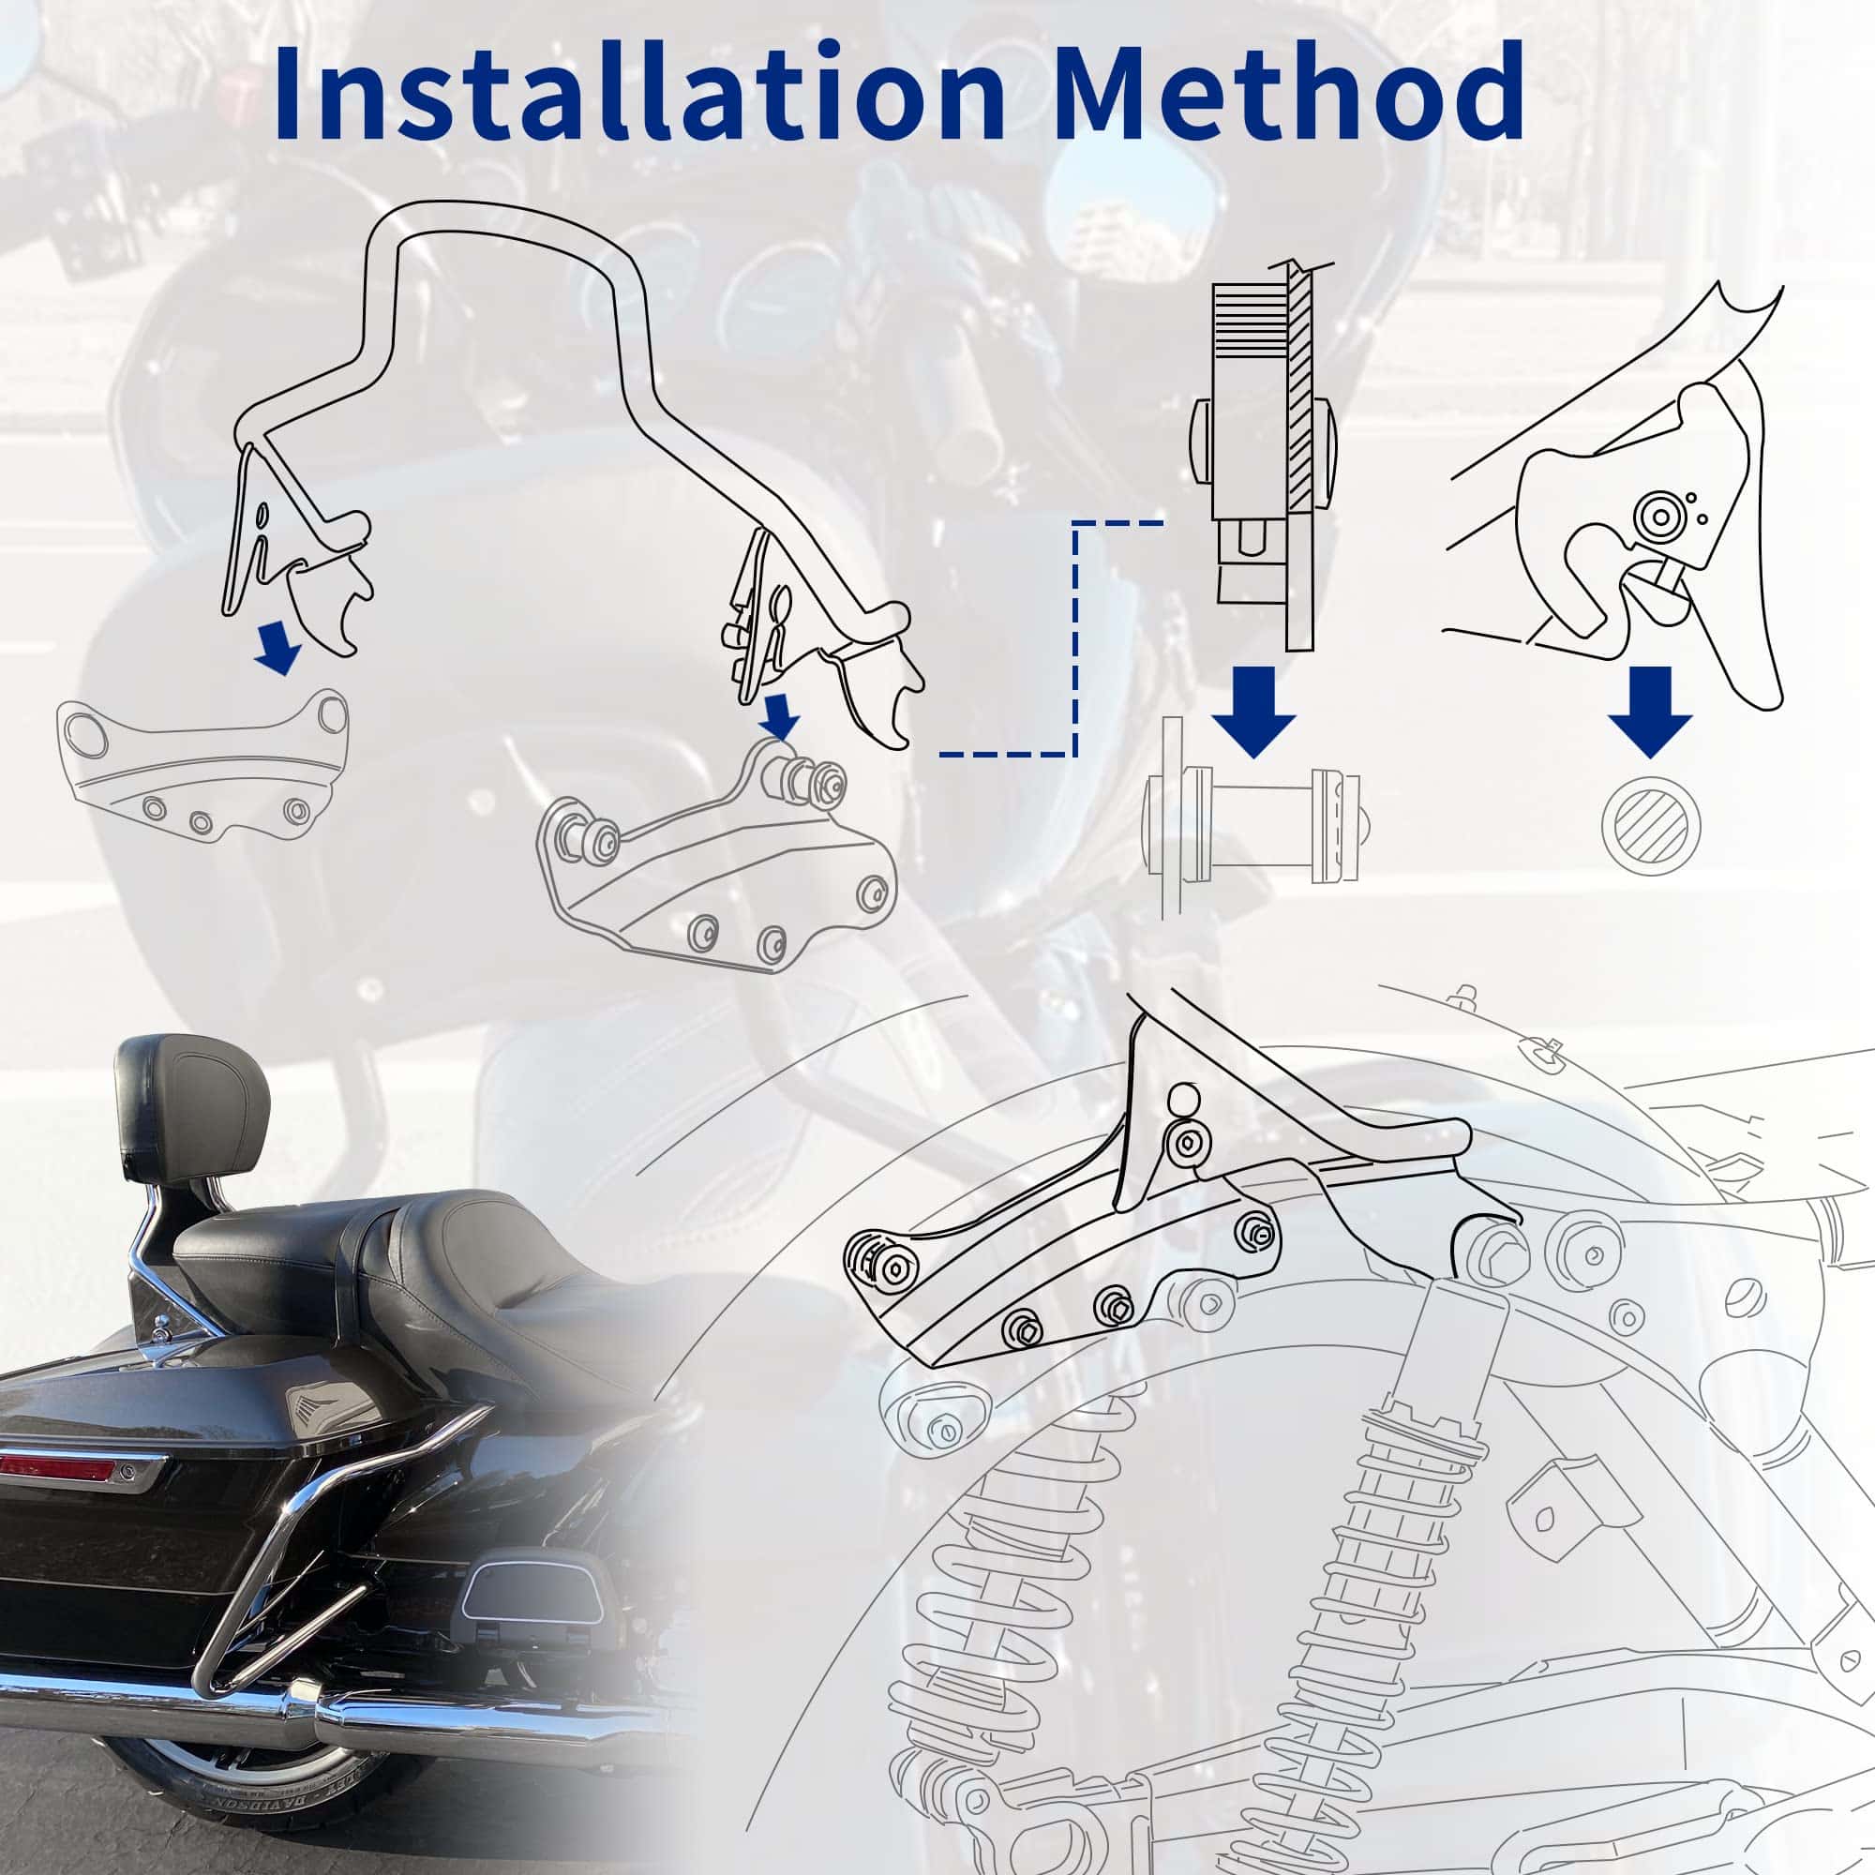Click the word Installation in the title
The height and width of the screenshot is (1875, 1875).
[639, 91]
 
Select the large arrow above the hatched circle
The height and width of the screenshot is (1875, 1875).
[1650, 711]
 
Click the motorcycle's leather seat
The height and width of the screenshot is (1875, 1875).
[408, 1262]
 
